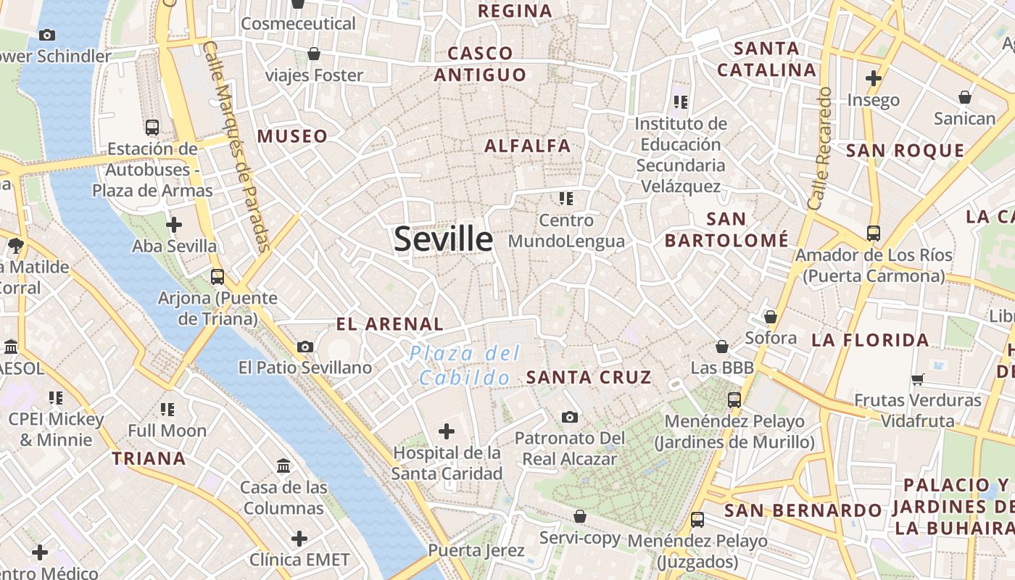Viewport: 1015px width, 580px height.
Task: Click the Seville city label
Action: (x=443, y=239)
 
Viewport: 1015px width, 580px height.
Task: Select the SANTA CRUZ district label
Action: (x=589, y=377)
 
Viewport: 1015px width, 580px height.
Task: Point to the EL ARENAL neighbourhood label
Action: (x=390, y=324)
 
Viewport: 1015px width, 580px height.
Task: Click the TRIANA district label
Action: (x=149, y=458)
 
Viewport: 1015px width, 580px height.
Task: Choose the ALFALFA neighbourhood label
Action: (x=528, y=146)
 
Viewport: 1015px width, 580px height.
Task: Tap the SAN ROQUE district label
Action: (x=906, y=151)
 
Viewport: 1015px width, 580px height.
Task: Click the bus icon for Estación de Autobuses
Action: (x=152, y=128)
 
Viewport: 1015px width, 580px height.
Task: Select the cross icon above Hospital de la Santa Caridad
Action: (x=447, y=432)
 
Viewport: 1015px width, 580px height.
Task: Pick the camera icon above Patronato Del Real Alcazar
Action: (x=570, y=417)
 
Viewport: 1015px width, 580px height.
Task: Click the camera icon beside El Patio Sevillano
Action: (x=305, y=347)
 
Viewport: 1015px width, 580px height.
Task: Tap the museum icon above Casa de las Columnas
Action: (x=283, y=465)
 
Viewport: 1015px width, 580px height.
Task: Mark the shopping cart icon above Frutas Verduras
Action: (x=918, y=379)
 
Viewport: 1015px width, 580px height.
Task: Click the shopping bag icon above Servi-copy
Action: (x=579, y=516)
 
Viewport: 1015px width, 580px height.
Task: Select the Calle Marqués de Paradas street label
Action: (x=236, y=145)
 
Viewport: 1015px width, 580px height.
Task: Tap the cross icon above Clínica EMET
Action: (x=299, y=539)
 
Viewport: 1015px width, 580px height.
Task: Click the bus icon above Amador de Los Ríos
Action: (x=874, y=233)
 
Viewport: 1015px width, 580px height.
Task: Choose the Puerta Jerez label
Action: (x=476, y=550)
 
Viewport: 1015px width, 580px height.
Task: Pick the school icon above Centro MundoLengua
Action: (x=566, y=198)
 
